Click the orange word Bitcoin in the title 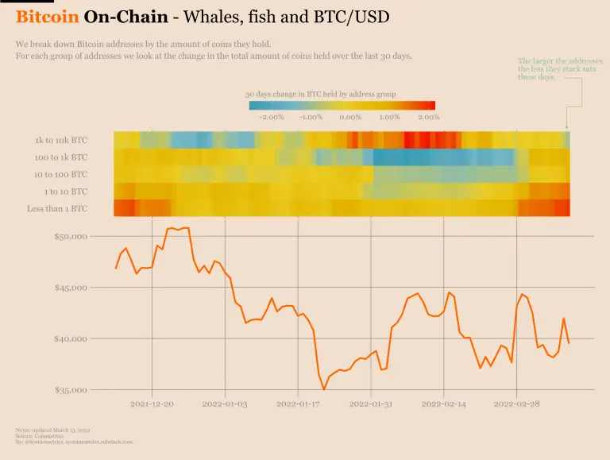(x=47, y=17)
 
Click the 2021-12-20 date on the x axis (x=152, y=404)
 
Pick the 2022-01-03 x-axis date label (x=225, y=404)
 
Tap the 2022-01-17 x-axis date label (x=298, y=404)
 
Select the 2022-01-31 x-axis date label (x=371, y=404)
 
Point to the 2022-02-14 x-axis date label (x=444, y=404)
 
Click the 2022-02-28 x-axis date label (x=516, y=404)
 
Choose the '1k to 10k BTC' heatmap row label (x=61, y=141)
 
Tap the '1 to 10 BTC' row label (x=66, y=191)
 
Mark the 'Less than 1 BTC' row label (x=56, y=209)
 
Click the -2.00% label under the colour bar (x=272, y=117)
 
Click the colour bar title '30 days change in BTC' (x=320, y=94)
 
